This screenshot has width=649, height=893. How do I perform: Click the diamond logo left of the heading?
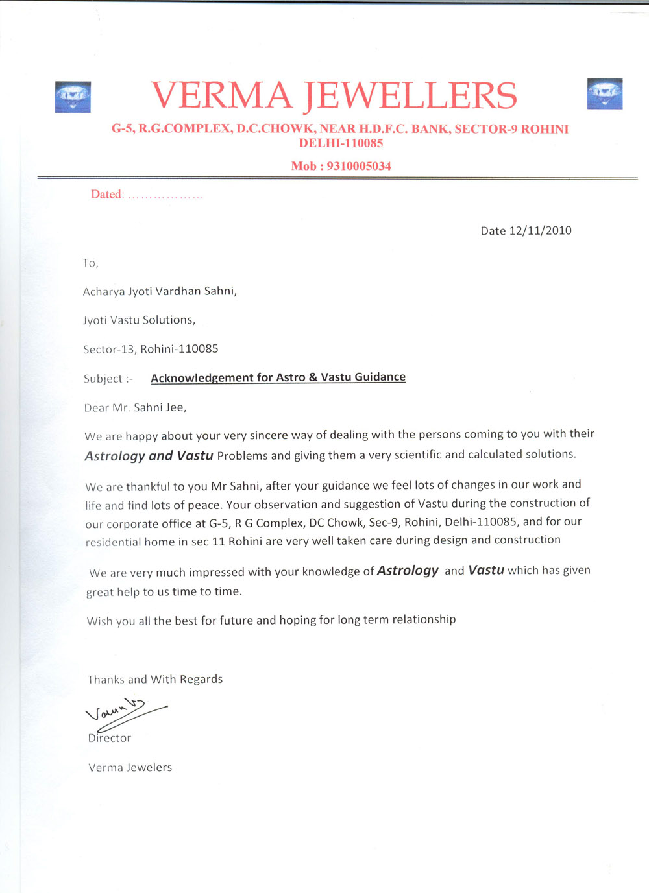(x=73, y=97)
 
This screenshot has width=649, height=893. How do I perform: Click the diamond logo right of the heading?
(x=604, y=93)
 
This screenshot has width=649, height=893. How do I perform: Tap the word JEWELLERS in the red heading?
(x=410, y=95)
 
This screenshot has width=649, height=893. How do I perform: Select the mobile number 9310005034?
(x=359, y=166)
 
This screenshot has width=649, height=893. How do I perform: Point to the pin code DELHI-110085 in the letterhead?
(x=341, y=143)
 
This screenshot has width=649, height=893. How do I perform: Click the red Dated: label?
(x=107, y=195)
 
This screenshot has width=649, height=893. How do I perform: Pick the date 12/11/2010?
(x=541, y=231)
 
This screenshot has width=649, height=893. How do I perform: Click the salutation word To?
(x=90, y=263)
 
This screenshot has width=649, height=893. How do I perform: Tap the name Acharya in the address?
(x=104, y=292)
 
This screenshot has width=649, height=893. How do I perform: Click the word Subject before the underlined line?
(x=103, y=379)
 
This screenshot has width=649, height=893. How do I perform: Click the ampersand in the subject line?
(x=313, y=377)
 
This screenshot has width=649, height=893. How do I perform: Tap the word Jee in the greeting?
(x=175, y=408)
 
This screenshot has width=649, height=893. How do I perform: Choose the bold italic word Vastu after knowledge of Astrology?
(x=486, y=571)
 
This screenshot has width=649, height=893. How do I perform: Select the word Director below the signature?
(x=110, y=738)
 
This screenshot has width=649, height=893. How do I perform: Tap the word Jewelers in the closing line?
(x=149, y=768)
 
